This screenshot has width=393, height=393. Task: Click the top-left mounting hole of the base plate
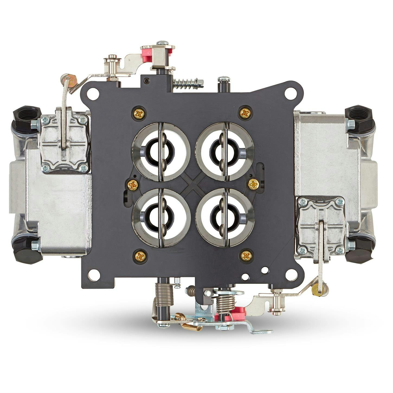pos(93,94)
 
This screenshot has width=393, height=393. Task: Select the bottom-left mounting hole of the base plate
pos(94,275)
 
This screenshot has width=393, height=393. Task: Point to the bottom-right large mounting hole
pos(291,275)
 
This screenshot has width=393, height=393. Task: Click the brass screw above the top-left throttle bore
pos(139,114)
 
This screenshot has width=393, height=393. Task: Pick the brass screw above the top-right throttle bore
pos(245,113)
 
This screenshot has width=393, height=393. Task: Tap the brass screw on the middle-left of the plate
pos(133,185)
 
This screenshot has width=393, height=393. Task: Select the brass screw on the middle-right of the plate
pos(253,184)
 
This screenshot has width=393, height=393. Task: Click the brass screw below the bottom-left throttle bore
pos(140,256)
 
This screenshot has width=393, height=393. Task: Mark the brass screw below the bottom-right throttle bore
pos(246,255)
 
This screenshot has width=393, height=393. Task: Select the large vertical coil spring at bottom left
pos(164,294)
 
